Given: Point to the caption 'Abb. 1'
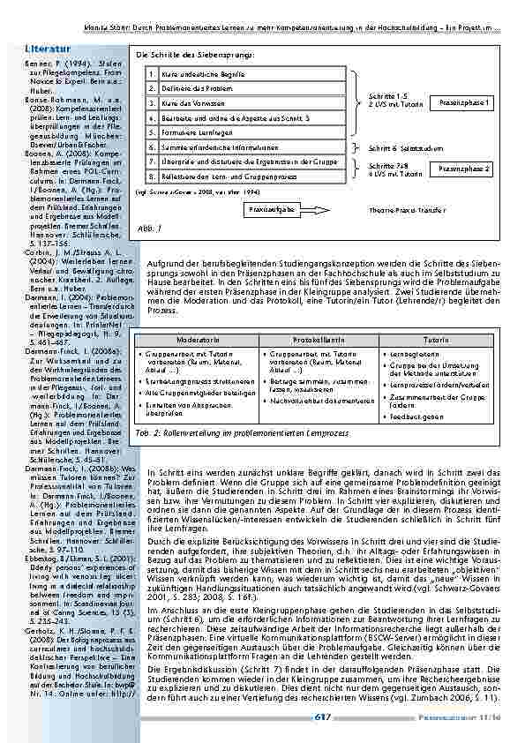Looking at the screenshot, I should pos(148,228).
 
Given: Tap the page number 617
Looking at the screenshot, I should pos(323,717).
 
